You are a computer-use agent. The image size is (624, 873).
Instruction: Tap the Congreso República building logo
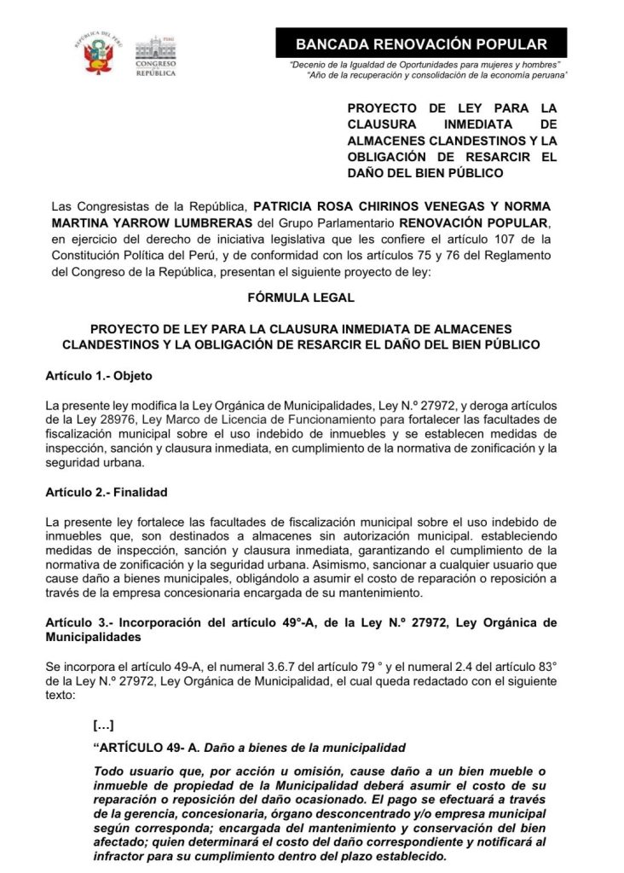[156, 57]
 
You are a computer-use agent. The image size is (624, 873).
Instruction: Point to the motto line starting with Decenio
[425, 65]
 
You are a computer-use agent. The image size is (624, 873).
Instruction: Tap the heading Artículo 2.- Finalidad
[106, 493]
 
